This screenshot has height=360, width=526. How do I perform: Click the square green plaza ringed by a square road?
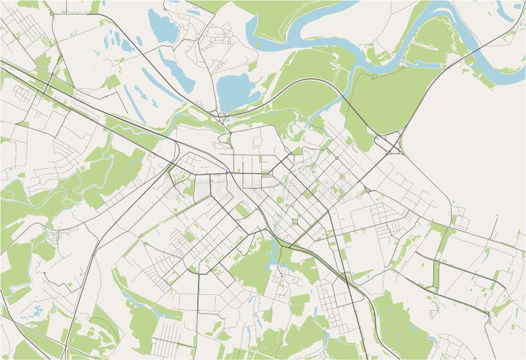pyautogui.click(x=295, y=221)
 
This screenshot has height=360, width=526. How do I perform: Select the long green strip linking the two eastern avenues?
pyautogui.click(x=436, y=274)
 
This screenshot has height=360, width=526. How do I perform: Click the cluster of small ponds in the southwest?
pyautogui.click(x=31, y=315)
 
